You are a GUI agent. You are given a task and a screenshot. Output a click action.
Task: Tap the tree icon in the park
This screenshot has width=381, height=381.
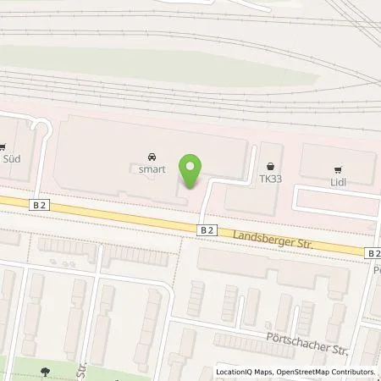coord(45,372)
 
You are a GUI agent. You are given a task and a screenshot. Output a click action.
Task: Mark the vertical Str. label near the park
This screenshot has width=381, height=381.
coord(85,370)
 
